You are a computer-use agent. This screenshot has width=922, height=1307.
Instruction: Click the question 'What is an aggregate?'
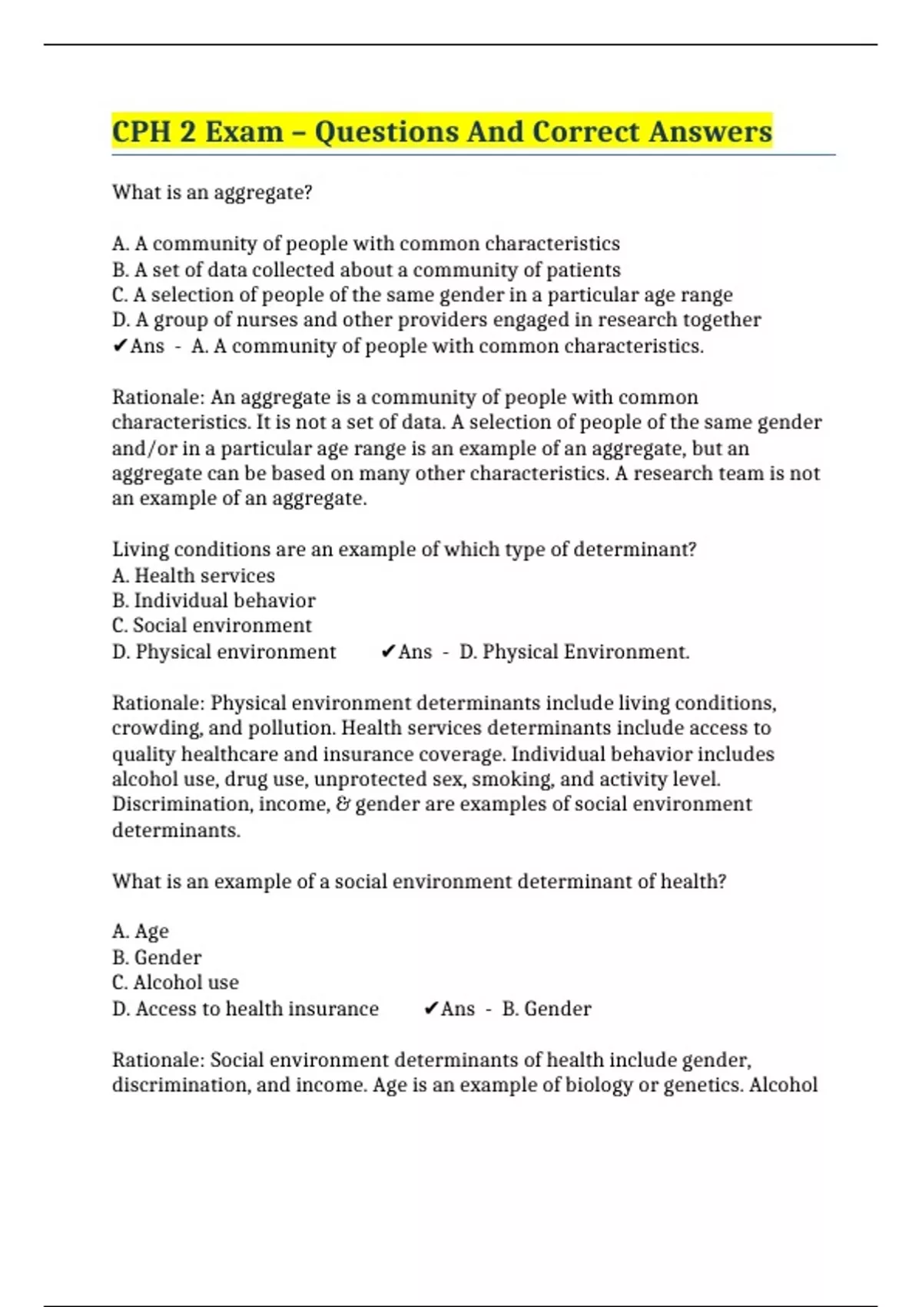pos(212,192)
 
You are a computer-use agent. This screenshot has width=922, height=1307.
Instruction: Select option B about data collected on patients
pos(366,270)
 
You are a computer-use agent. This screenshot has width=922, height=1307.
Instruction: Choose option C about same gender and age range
pos(422,295)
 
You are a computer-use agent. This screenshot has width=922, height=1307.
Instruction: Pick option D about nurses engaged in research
pos(436,320)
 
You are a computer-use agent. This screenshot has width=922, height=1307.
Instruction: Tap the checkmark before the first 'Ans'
pos(119,347)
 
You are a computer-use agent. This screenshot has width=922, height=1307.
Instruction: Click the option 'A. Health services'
pos(193,576)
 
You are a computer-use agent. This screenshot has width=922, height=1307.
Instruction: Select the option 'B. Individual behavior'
pos(214,600)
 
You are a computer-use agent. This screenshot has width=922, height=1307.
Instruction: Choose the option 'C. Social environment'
pos(211,626)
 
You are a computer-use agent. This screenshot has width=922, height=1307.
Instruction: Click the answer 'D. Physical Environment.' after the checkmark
pos(574,652)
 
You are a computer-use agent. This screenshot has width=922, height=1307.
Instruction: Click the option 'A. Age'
pos(140,932)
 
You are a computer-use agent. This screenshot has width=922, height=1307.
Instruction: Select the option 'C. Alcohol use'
pos(175,983)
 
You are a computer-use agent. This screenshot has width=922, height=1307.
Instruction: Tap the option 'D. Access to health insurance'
pos(245,1009)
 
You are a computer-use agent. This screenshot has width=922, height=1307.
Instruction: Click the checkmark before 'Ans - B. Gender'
pos(430,1009)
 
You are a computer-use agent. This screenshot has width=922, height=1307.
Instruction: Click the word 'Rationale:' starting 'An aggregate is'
pos(158,397)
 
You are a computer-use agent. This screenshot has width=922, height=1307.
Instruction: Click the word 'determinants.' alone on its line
pos(176,830)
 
